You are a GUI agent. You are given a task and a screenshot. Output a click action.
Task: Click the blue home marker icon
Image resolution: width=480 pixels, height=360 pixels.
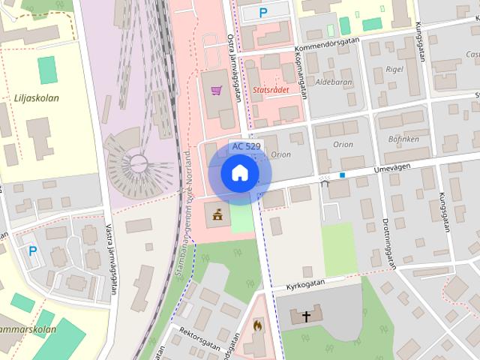coord(239,174)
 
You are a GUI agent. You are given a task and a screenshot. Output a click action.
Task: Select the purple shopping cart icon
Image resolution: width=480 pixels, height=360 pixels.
coord(216,91)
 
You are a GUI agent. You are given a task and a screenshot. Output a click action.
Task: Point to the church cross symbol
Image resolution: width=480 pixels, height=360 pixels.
coord(306,316)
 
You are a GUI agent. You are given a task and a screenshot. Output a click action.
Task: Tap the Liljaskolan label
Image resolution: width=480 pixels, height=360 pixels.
coord(36,97)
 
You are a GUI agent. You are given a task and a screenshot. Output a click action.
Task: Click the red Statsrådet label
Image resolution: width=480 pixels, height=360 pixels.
coord(271,89)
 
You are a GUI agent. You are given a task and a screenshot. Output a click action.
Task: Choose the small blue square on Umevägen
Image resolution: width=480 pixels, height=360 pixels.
coord(342,175)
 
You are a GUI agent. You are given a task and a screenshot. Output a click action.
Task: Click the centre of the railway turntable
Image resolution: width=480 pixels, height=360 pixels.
coord(138,161)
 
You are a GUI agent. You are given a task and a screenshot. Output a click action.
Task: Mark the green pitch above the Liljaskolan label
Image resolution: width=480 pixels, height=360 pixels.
coord(47,70)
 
